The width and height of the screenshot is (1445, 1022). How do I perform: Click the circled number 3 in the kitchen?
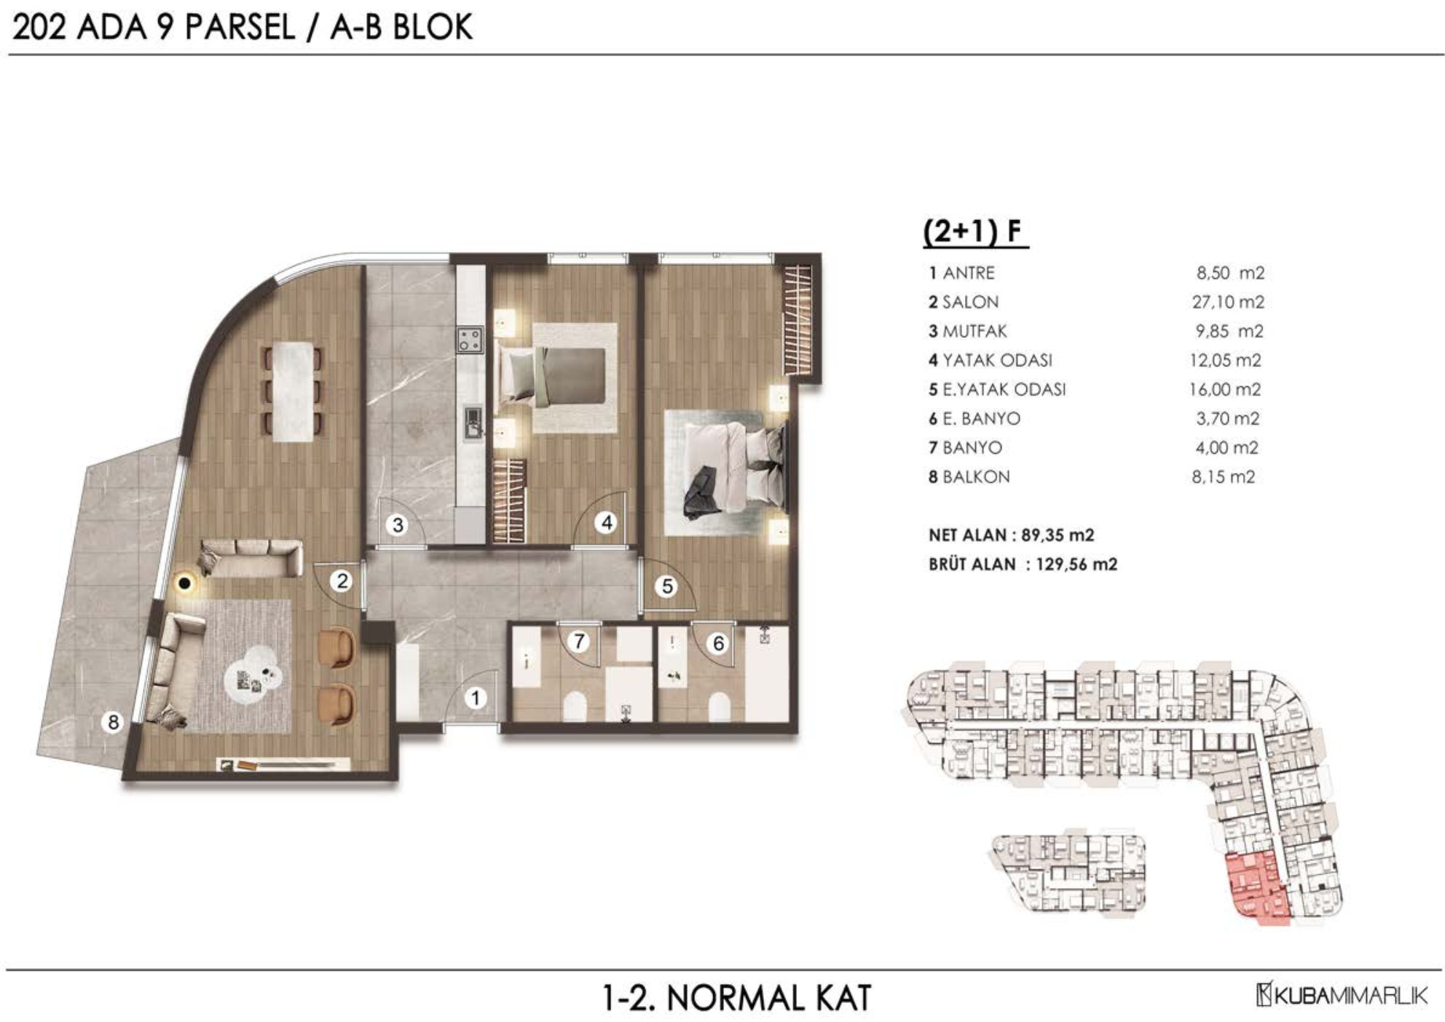[x=398, y=524]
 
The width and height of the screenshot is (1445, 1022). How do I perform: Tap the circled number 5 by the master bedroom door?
[x=667, y=586]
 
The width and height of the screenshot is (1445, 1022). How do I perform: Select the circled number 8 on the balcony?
[x=113, y=722]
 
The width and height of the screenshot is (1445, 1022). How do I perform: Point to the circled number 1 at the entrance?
[x=476, y=699]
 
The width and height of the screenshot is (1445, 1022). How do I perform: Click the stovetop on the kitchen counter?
[x=470, y=339]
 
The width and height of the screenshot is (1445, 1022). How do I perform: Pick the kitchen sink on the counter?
[x=473, y=422]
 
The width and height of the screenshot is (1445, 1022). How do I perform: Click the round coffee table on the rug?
[x=257, y=680]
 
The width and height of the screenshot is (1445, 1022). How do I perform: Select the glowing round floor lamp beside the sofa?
[x=186, y=582]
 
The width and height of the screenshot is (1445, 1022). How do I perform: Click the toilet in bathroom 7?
[x=575, y=706]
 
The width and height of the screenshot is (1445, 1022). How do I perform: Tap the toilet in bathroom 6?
[x=719, y=706]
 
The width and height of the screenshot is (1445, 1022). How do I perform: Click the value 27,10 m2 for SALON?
[x=1227, y=302]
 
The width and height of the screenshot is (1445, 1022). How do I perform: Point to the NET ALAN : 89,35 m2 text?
[x=1011, y=535]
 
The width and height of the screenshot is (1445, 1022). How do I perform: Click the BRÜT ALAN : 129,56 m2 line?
[x=1023, y=564]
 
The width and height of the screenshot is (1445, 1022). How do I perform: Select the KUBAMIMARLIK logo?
[x=1342, y=995]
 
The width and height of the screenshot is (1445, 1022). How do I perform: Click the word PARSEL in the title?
[x=240, y=28]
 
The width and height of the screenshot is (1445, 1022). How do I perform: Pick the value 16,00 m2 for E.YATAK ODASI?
[x=1225, y=389]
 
